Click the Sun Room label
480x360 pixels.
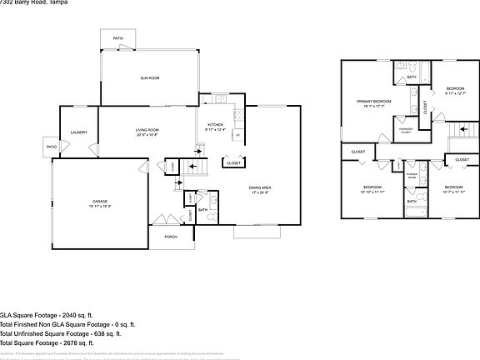(148, 77)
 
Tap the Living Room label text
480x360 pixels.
(147, 131)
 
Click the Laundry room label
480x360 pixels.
(79, 132)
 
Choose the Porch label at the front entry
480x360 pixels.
(171, 237)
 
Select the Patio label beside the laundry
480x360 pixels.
(52, 147)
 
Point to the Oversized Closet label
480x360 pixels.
(406, 131)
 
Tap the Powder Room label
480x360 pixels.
(412, 176)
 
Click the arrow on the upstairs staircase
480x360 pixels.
(457, 132)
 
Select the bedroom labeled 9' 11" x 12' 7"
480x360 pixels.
(454, 91)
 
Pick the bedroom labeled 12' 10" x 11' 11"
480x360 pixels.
(372, 188)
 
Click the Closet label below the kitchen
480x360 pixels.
(233, 163)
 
